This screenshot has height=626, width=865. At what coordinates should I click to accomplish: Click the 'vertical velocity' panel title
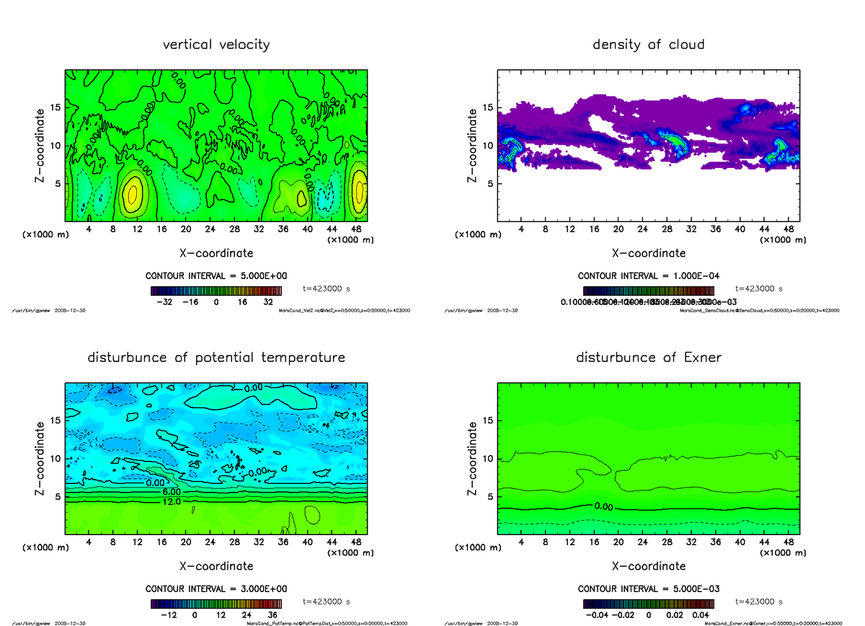click(216, 45)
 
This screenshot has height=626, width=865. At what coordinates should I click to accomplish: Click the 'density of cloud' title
click(648, 45)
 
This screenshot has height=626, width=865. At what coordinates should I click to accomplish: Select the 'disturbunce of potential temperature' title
click(216, 358)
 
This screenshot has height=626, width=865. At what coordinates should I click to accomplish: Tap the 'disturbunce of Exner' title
click(648, 358)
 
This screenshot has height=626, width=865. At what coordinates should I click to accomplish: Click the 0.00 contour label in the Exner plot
click(603, 506)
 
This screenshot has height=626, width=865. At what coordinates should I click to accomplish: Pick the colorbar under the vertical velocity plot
click(216, 291)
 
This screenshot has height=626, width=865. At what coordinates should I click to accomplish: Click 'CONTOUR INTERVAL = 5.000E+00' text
click(216, 276)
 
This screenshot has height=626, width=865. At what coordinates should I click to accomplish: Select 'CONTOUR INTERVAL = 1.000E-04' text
click(648, 276)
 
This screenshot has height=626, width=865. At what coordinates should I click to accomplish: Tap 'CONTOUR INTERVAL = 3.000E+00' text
click(216, 589)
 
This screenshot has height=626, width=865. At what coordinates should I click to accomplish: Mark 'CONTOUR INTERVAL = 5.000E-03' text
click(648, 589)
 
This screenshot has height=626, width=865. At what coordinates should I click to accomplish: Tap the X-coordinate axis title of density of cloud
click(648, 253)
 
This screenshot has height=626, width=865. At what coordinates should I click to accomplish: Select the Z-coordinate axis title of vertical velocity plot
click(42, 146)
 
